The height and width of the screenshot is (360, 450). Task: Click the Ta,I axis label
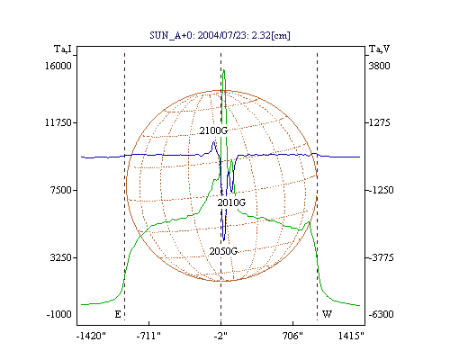click(63, 49)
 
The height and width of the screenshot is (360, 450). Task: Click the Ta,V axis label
click(380, 49)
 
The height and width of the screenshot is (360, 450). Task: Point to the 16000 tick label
click(58, 66)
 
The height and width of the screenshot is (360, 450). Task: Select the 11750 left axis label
click(58, 122)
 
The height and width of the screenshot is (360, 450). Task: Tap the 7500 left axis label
click(61, 190)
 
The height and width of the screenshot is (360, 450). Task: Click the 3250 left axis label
click(61, 257)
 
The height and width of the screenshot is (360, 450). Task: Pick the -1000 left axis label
click(59, 314)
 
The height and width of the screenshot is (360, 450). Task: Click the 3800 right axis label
click(380, 66)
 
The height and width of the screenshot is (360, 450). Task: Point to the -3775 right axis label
click(381, 257)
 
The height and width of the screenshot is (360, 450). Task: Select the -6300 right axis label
click(381, 314)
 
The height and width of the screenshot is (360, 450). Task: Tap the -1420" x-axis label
click(92, 336)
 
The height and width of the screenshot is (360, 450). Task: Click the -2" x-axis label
click(220, 336)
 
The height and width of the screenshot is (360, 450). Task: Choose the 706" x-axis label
click(293, 336)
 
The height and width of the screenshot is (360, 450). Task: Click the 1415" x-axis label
click(351, 336)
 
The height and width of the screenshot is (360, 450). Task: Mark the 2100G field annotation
click(213, 130)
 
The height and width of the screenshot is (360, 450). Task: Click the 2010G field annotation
click(231, 202)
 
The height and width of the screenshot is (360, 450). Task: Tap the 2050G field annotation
click(223, 251)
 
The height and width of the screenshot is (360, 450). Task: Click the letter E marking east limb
click(118, 314)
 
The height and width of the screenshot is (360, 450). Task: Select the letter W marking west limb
click(327, 314)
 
